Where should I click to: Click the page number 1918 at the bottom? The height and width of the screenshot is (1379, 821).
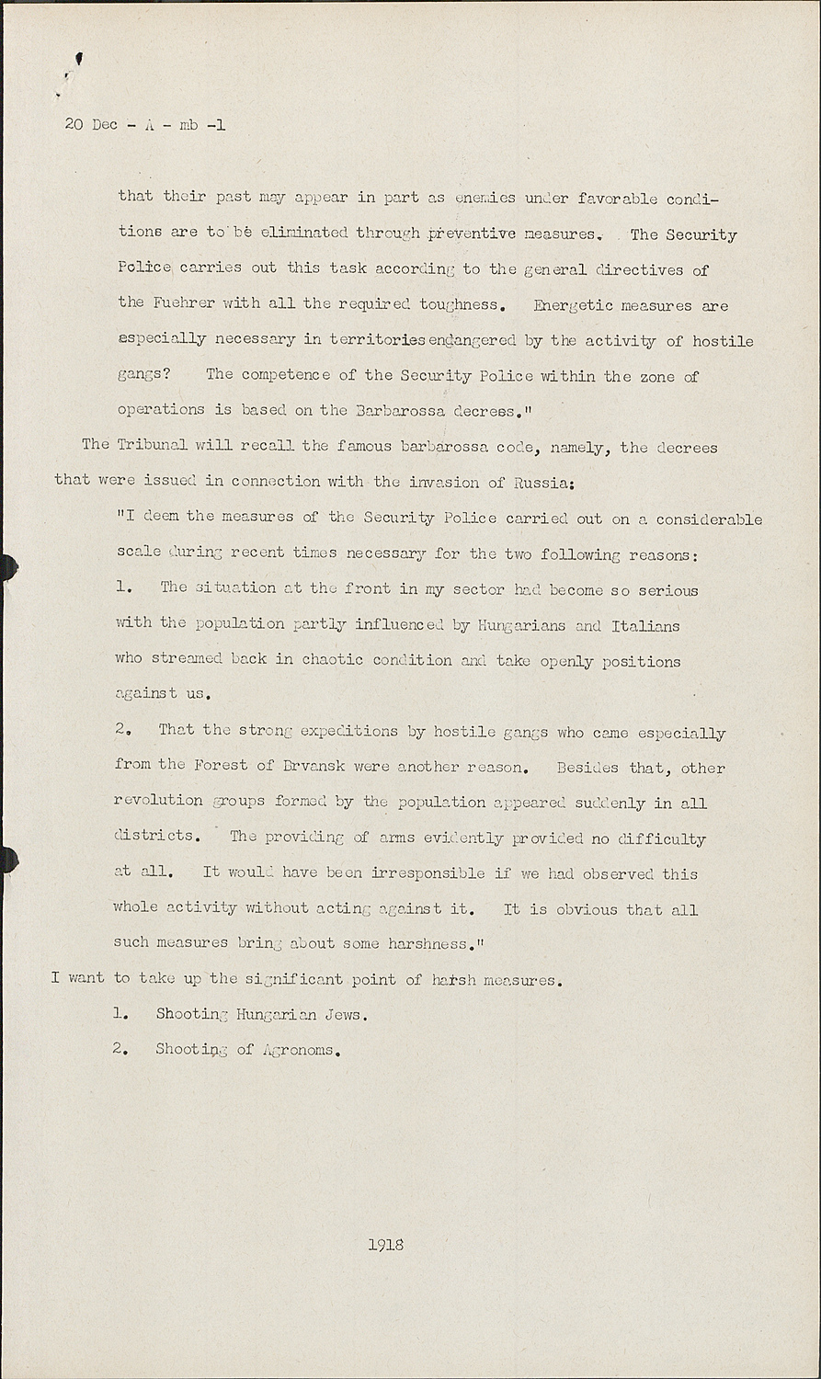tap(385, 1245)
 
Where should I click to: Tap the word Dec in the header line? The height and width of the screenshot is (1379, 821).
tap(105, 125)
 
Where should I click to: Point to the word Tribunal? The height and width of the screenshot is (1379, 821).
tap(152, 445)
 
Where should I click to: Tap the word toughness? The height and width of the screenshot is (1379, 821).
tap(460, 304)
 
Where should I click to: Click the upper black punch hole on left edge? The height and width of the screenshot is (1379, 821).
tap(7, 567)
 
